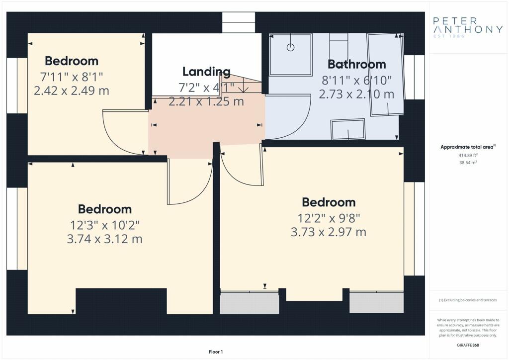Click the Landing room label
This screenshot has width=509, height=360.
(206, 72)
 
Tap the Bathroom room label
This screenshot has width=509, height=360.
(357, 64)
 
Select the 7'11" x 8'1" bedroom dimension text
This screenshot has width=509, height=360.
(72, 77)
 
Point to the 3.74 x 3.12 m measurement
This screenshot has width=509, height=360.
(104, 239)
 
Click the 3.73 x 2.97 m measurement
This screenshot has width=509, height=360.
(329, 232)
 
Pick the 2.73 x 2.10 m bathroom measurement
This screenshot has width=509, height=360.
(356, 94)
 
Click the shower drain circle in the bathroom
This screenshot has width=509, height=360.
(290, 47)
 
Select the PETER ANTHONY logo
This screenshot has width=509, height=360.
(468, 26)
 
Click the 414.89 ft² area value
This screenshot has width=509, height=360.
(468, 156)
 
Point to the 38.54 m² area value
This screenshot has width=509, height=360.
(468, 163)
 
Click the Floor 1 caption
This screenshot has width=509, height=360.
(216, 352)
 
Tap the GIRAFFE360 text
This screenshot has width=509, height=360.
(468, 345)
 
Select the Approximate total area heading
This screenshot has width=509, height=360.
(468, 147)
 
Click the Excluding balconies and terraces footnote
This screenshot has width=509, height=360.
(468, 300)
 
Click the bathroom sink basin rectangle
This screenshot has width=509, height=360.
(348, 129)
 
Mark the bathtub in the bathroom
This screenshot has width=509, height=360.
(386, 75)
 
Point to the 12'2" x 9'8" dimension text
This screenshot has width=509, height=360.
(329, 218)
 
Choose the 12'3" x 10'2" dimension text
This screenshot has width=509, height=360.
(104, 225)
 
